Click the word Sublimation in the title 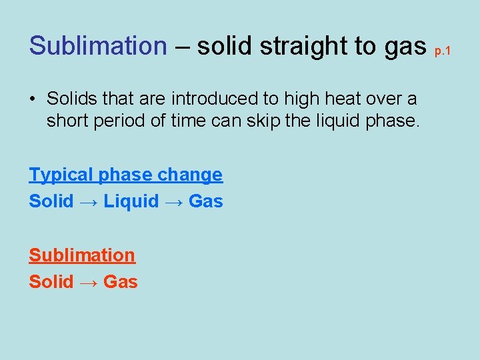97,46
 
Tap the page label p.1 443,51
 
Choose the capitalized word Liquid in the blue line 131,201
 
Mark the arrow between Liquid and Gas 174,201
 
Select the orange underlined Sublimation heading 82,255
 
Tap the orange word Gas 121,282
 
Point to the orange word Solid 51,282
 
